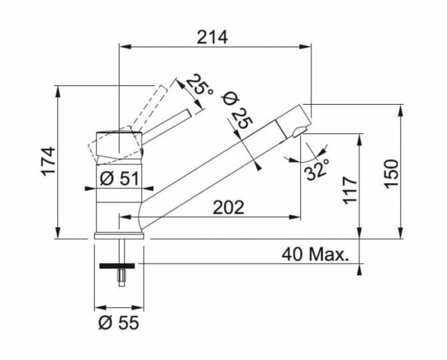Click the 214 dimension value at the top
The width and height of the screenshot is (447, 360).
[213, 37]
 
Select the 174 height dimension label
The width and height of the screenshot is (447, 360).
[48, 161]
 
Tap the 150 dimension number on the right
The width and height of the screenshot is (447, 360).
[391, 174]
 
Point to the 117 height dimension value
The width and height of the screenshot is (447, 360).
[350, 190]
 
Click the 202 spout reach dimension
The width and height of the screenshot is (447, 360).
[229, 207]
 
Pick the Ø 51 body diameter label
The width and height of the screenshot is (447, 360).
[119, 179]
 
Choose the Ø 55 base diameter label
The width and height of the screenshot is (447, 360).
[119, 323]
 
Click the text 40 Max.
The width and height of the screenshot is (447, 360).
[315, 254]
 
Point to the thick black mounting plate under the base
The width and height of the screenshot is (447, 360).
[117, 266]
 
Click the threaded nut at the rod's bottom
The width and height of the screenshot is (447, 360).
[122, 277]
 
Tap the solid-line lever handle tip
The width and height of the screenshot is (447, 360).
[189, 113]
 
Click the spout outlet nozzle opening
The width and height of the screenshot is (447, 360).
[299, 132]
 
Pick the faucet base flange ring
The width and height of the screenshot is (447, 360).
[119, 236]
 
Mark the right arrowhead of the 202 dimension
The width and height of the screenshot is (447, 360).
[295, 217]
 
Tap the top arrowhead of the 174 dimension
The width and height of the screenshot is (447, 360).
[58, 91]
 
